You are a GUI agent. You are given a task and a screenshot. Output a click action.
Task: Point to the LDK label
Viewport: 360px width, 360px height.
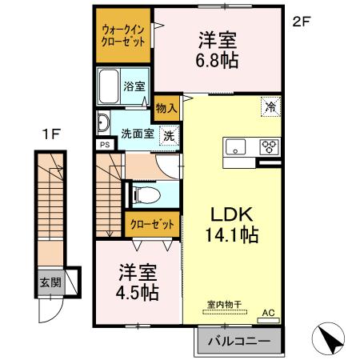231,214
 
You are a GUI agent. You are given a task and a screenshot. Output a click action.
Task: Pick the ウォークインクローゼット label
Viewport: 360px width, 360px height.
122,37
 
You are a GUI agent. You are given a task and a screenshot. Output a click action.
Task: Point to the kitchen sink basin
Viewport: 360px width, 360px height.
237,146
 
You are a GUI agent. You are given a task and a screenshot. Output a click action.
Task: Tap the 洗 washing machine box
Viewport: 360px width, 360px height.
169,134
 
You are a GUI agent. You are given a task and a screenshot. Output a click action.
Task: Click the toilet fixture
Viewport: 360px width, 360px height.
144,194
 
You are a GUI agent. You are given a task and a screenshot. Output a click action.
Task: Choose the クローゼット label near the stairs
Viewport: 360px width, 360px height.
151,225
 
